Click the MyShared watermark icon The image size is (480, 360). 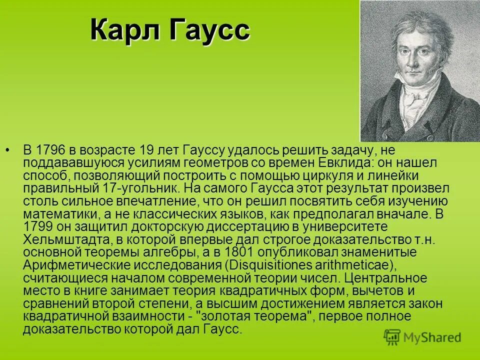click(x=392, y=337)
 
